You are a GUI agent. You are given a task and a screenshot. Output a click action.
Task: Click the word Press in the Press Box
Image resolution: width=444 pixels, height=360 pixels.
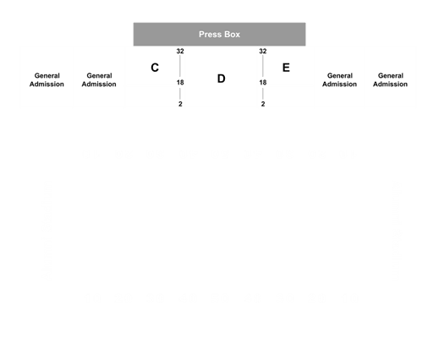(210, 35)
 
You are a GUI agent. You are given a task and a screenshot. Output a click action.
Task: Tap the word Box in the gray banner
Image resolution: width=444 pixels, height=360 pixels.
(232, 35)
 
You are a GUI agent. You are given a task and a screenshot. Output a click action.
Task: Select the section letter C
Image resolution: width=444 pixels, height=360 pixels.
(155, 68)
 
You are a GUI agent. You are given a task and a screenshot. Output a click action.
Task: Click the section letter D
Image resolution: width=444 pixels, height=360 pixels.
(221, 79)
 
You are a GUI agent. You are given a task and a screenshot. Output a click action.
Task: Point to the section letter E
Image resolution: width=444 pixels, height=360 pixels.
(286, 68)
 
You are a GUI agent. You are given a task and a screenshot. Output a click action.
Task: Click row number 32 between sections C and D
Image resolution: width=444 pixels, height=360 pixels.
(180, 52)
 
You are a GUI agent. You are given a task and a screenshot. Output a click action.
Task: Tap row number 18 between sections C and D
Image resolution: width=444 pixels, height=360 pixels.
(180, 82)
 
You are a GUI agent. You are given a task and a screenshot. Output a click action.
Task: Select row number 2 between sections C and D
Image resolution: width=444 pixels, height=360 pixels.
(180, 104)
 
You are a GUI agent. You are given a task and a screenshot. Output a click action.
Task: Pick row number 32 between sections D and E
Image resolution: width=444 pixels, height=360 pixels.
(263, 52)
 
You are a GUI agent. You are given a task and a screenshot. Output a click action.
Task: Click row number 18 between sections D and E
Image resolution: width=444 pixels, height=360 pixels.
(263, 82)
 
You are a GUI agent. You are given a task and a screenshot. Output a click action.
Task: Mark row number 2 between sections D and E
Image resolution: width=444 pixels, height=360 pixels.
(263, 104)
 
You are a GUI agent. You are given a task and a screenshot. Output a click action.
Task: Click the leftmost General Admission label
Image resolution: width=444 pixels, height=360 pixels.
(47, 79)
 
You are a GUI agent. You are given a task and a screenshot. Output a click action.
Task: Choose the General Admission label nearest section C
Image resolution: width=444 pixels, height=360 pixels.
(99, 79)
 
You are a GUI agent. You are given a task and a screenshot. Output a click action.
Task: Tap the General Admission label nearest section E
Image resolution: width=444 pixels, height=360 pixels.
(339, 79)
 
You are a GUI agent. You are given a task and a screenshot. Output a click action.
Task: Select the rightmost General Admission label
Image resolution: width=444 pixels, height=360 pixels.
(390, 79)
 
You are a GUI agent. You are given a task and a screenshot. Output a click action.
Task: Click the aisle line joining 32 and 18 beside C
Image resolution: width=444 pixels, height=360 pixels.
(180, 66)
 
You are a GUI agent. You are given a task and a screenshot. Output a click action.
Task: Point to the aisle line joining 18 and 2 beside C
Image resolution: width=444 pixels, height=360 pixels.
(180, 94)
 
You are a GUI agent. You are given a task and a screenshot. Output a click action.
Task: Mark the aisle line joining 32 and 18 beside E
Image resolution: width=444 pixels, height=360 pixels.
(263, 66)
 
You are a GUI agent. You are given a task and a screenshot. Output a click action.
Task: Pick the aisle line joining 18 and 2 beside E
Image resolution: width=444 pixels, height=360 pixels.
(263, 94)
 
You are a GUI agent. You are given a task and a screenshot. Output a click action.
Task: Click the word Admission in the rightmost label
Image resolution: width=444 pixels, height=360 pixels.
(390, 84)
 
